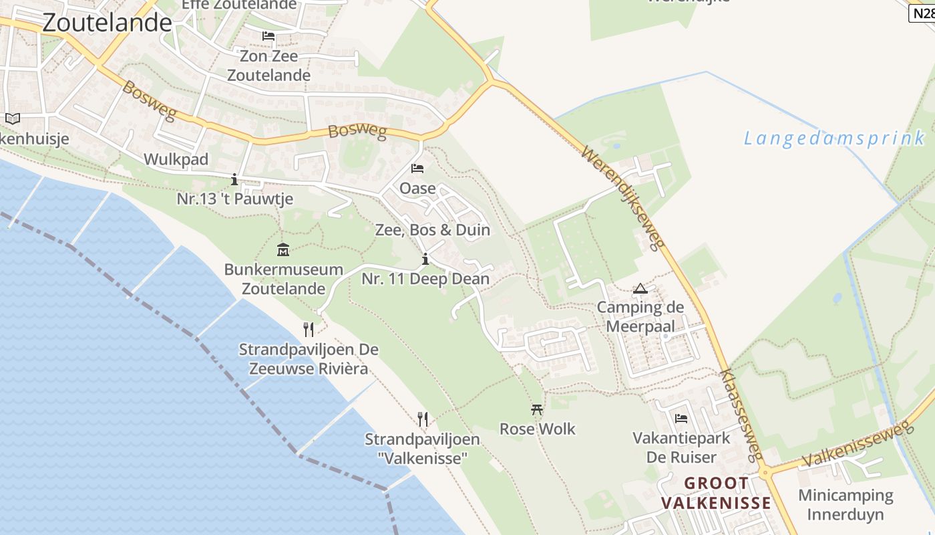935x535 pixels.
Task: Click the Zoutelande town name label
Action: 107,23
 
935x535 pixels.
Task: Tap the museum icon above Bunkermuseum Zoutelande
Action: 283,250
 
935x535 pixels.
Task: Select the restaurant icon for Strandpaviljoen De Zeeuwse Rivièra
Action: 308,330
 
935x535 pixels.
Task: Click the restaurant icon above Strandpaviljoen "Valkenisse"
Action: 422,419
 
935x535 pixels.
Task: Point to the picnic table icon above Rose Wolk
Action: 537,409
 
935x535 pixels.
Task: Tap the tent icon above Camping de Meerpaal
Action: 640,289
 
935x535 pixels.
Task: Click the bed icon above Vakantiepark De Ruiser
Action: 681,419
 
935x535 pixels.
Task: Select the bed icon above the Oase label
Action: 417,169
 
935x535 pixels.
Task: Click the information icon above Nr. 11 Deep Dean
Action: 425,259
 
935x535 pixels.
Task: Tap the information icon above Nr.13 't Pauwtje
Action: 234,179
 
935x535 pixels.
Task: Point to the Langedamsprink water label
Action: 835,138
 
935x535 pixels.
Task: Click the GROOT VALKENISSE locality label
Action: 716,493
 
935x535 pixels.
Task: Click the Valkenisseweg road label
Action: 858,447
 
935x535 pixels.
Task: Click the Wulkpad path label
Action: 176,159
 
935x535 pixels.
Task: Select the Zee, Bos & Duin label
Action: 433,230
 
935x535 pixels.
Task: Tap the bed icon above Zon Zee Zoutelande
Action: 268,36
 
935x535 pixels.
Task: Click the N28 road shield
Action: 922,13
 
